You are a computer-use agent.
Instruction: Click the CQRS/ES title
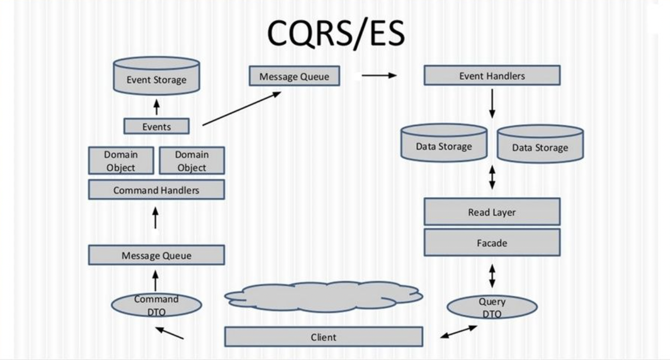click(x=336, y=34)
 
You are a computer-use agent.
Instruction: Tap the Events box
click(x=156, y=126)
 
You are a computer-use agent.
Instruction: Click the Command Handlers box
click(x=156, y=190)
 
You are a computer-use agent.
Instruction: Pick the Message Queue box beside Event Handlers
click(x=294, y=76)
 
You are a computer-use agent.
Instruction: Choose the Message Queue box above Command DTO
click(x=156, y=255)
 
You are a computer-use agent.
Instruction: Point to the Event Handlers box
click(x=492, y=76)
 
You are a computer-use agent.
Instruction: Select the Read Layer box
click(x=492, y=212)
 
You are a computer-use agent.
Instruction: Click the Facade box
click(x=492, y=242)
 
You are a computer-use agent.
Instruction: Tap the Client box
click(x=323, y=337)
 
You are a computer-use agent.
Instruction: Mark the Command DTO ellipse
click(x=156, y=305)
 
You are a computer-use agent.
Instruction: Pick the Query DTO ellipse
click(x=492, y=307)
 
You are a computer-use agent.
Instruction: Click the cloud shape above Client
click(x=323, y=296)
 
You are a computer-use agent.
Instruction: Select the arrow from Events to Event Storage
click(x=156, y=108)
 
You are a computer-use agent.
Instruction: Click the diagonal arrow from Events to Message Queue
click(x=241, y=109)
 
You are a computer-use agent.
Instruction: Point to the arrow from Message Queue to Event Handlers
click(x=379, y=76)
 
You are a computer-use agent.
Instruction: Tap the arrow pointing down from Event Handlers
click(x=492, y=103)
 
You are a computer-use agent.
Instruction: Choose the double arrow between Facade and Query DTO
click(x=492, y=276)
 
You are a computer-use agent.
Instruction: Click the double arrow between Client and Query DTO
click(x=459, y=332)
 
